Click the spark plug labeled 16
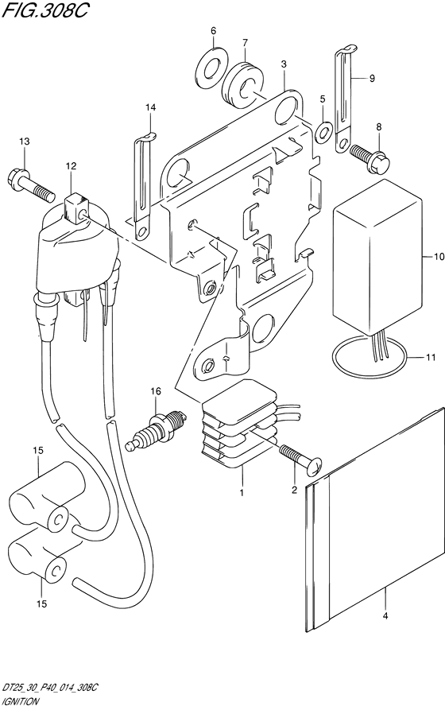(156, 428)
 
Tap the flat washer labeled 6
(211, 68)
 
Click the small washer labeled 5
(323, 131)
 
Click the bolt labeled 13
(32, 184)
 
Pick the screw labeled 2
(300, 460)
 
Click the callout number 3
(284, 64)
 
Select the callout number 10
(439, 257)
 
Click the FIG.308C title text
(44, 10)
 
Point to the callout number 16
(156, 390)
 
